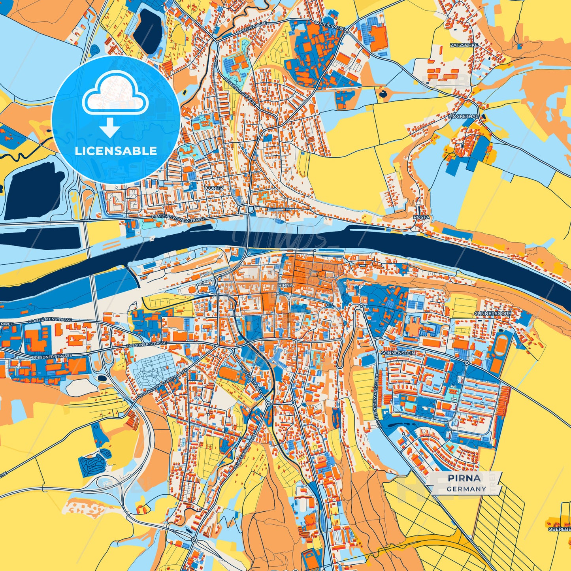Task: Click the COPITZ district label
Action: point(215,188)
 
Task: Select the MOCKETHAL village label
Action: point(463,117)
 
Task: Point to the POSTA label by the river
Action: point(421,217)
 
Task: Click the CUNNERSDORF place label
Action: point(493,313)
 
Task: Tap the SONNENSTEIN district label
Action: point(398,352)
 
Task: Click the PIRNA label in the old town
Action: point(286,285)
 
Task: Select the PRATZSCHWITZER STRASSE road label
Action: point(179,218)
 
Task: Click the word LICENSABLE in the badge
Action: point(116,151)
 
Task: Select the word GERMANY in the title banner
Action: point(466,489)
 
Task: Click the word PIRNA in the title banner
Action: point(464,478)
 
